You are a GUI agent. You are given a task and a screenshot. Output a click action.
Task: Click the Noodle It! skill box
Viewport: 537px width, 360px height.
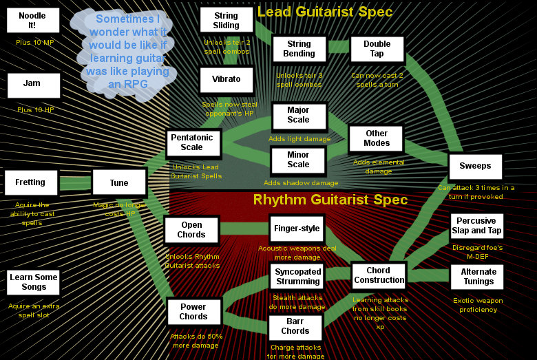click(32, 20)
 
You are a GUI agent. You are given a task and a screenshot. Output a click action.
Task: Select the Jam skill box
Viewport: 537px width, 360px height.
click(32, 85)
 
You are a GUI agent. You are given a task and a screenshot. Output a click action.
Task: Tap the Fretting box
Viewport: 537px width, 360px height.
click(30, 183)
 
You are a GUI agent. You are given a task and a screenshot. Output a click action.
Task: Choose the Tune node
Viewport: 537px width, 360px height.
click(119, 183)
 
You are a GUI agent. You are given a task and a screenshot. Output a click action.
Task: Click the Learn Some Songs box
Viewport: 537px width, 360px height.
click(34, 282)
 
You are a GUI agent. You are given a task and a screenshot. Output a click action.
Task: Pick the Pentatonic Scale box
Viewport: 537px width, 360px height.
click(192, 143)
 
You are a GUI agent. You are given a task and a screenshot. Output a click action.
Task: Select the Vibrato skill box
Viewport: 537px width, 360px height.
click(226, 80)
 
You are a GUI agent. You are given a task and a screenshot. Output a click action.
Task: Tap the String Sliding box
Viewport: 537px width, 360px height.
click(226, 20)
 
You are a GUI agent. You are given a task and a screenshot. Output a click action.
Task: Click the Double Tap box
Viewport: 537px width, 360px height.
click(377, 49)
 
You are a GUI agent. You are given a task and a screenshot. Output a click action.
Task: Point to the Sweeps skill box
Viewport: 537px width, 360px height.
click(475, 167)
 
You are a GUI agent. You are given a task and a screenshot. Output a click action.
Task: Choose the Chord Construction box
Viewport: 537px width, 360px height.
click(379, 275)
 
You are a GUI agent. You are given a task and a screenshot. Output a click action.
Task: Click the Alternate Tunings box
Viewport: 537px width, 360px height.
click(478, 277)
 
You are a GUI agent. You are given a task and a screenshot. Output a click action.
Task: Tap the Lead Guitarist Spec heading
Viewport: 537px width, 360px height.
click(325, 12)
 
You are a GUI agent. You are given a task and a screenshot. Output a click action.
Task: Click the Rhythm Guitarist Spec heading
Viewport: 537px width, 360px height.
click(330, 200)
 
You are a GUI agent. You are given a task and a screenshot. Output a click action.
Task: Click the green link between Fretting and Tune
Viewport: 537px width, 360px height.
click(75, 183)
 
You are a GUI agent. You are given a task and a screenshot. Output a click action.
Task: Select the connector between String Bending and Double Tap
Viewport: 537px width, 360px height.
click(338, 47)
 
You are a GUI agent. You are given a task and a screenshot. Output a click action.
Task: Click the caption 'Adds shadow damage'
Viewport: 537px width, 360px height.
click(301, 183)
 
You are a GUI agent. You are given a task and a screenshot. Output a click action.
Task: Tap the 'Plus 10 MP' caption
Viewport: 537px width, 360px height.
click(35, 43)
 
